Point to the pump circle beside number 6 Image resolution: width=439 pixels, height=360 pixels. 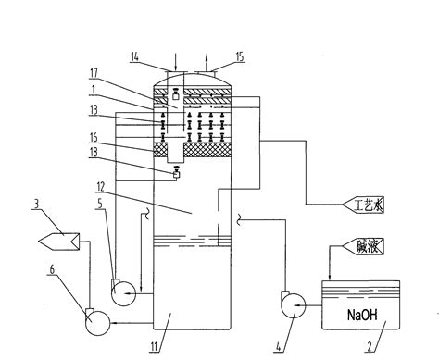95,321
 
